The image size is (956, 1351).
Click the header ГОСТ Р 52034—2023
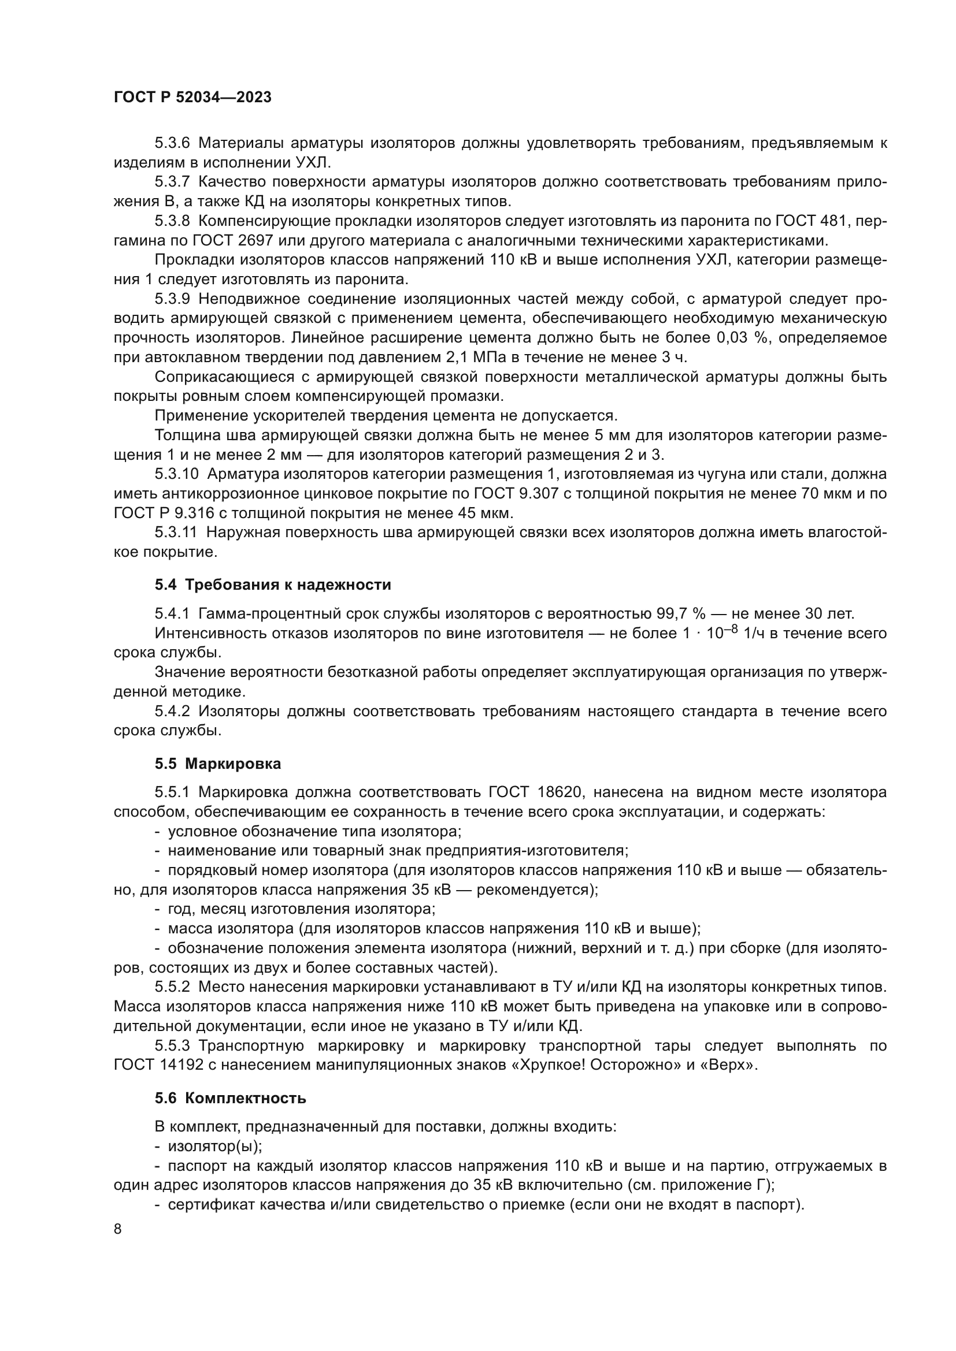[192, 98]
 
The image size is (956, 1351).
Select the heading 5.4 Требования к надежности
[273, 585]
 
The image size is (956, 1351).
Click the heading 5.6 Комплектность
[230, 1098]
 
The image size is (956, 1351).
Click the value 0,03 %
[743, 338]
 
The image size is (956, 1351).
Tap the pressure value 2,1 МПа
[521, 357]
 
